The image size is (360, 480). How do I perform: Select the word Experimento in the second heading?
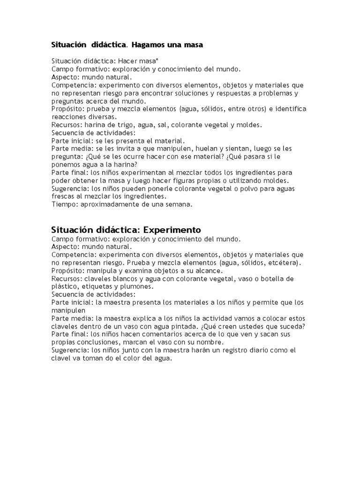(172, 230)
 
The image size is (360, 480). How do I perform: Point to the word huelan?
(210, 149)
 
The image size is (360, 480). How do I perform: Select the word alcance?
(211, 270)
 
